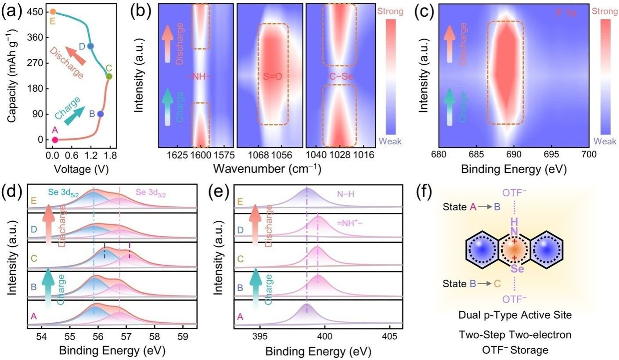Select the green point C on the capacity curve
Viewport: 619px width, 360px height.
pos(109,76)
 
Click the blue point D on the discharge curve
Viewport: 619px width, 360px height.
pos(90,46)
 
